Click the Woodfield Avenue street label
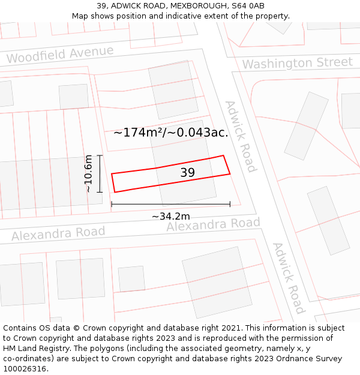(60, 55)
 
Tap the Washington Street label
(297, 63)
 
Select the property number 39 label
(188, 173)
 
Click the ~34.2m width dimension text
(170, 216)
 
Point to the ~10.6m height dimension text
(88, 173)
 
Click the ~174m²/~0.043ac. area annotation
(171, 133)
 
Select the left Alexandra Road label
(58, 233)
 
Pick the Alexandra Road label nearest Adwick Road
(213, 224)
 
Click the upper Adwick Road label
(241, 136)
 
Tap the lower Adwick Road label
(288, 277)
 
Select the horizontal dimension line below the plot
(170, 205)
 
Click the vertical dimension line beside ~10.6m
(100, 173)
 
